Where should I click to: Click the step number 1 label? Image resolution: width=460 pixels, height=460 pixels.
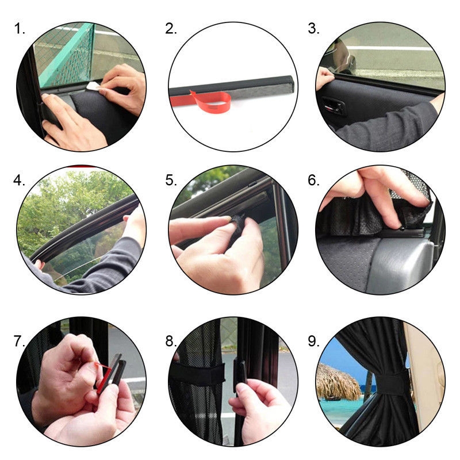(20, 29)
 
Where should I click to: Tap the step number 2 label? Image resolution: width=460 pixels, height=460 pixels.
(171, 29)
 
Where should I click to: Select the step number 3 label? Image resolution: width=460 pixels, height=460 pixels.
(313, 29)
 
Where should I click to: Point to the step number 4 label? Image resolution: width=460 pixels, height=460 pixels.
(19, 180)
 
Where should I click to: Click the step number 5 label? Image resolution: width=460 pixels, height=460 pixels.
(171, 180)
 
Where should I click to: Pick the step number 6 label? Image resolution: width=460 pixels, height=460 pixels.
(313, 180)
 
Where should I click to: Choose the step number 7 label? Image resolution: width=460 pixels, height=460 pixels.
(20, 341)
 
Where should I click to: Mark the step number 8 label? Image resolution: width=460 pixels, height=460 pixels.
(171, 341)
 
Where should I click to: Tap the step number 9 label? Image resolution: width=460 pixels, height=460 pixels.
(313, 341)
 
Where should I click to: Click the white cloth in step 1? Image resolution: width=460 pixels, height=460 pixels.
(94, 86)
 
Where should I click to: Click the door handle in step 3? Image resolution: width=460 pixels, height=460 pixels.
(333, 105)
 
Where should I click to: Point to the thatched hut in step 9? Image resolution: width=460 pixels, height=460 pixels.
(338, 382)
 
